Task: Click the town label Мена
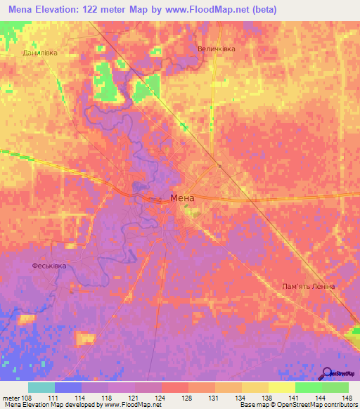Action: click(182, 198)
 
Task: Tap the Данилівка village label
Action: click(39, 53)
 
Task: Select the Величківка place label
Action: click(216, 49)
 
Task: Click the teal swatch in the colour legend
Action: click(41, 387)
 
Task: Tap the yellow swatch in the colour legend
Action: click(281, 387)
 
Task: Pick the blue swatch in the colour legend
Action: click(67, 387)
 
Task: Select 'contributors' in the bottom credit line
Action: click(339, 405)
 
